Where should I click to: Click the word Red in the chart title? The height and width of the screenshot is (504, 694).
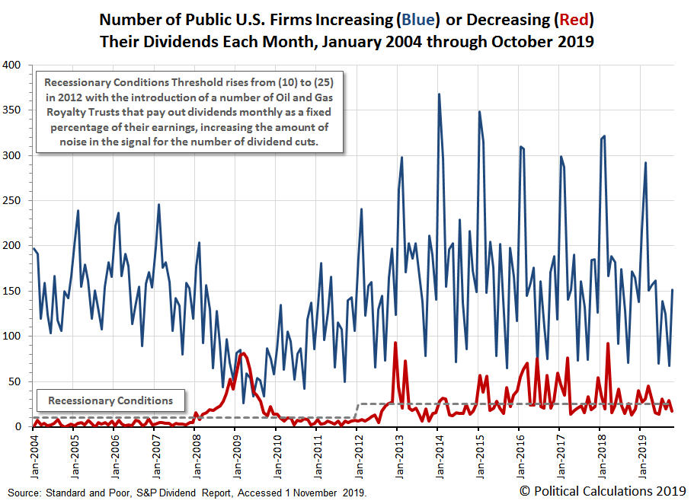(578, 18)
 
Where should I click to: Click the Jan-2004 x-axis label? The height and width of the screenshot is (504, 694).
(34, 452)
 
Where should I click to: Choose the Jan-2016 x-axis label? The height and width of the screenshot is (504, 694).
(519, 452)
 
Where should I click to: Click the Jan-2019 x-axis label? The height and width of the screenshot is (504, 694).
(640, 452)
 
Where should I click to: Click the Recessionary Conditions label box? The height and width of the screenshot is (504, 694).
(110, 400)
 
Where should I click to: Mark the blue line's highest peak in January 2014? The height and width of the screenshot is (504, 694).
(439, 94)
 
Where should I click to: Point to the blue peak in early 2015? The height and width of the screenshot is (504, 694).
(479, 112)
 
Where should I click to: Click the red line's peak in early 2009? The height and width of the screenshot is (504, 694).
(243, 353)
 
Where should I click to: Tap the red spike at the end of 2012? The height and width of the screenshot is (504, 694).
(395, 343)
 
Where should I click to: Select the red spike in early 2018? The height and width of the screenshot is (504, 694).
(607, 343)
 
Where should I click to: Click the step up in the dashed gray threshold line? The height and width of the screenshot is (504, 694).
(357, 410)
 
